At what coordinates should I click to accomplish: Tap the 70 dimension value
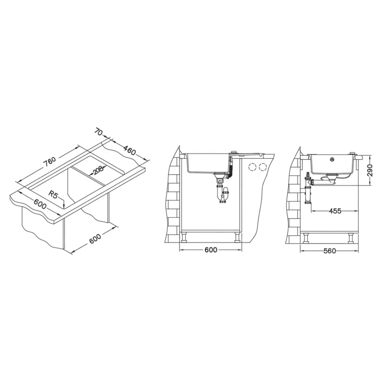99,132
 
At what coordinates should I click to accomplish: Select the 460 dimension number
129,150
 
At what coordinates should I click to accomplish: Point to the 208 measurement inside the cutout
98,170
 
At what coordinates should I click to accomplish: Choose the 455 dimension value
335,211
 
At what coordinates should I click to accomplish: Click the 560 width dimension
330,251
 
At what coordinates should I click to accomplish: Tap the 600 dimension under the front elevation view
211,250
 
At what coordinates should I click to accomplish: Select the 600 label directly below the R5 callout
40,204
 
